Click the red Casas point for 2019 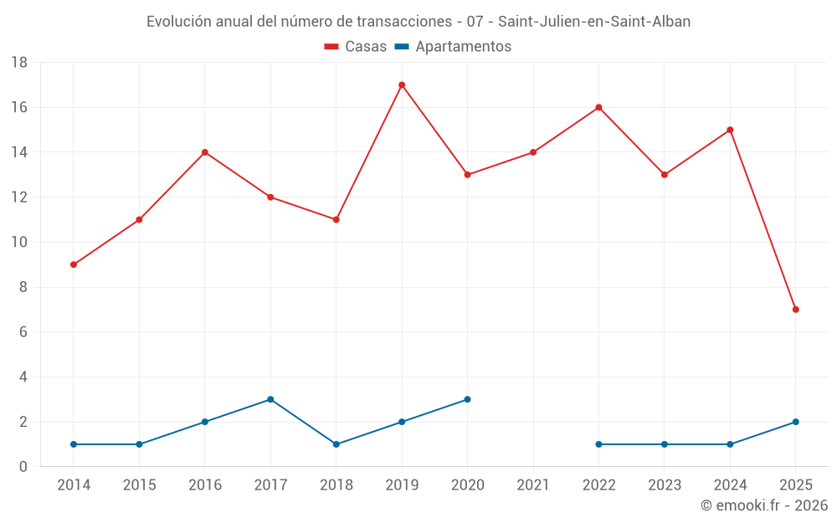point(402,85)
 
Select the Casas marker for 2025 point(796,310)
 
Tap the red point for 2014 point(74,264)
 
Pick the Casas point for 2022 point(598,107)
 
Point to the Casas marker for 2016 point(205,152)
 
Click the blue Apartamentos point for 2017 point(270,399)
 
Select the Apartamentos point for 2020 point(467,399)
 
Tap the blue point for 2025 point(796,422)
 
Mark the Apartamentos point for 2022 point(598,444)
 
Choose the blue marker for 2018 point(336,444)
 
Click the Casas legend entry point(356,47)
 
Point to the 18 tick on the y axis point(19,63)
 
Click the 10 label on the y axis point(19,243)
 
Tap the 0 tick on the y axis point(23,467)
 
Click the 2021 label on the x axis point(533,485)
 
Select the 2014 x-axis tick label point(74,485)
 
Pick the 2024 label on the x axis point(730,485)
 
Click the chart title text point(418,22)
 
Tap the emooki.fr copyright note point(763,505)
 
